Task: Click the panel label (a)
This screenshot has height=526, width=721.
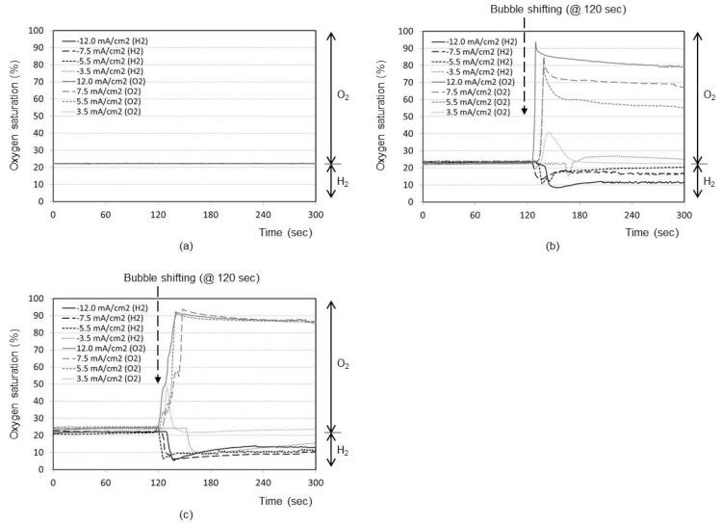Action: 186,245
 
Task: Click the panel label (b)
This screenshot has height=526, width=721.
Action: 553,245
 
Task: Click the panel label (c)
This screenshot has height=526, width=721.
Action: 186,513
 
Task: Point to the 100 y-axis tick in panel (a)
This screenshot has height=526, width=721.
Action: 39,31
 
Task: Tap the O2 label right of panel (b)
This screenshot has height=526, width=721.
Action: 709,95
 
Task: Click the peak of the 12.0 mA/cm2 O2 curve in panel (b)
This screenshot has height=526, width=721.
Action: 536,43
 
